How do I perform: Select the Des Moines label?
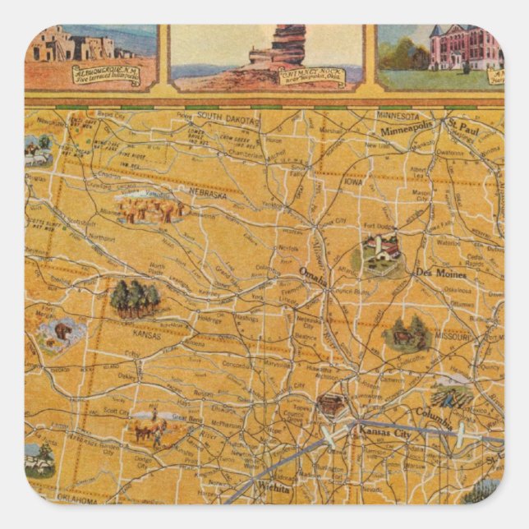click(440, 273)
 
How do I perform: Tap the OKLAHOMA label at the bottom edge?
click(76, 499)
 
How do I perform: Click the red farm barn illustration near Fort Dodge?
click(382, 248)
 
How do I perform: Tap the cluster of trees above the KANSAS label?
click(136, 298)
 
